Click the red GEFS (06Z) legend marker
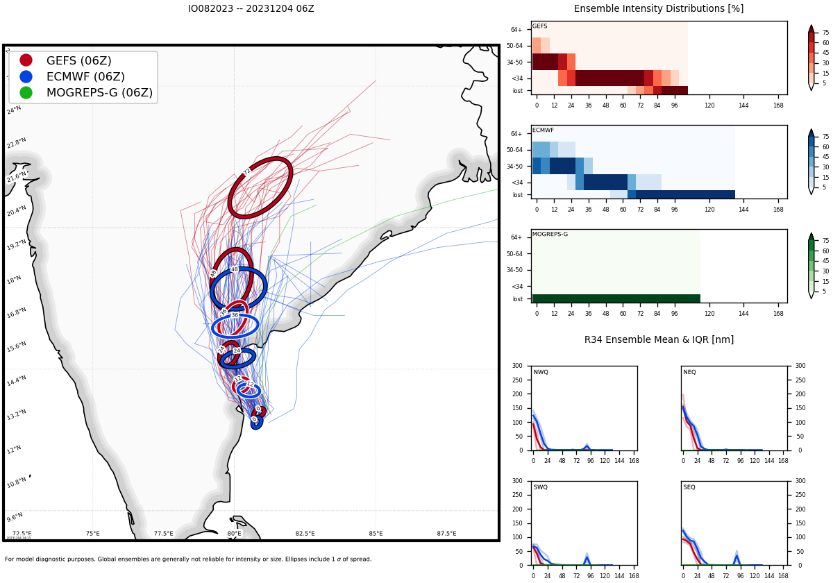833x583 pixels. point(26,60)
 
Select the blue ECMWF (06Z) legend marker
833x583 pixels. point(26,76)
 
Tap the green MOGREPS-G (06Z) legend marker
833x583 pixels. point(26,92)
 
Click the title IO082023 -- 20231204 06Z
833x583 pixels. point(251,9)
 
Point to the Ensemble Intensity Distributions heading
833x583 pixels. point(658,9)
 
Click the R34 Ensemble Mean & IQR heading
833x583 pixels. point(658,339)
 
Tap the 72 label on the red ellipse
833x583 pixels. point(247,171)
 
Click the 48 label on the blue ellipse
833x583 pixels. point(234,269)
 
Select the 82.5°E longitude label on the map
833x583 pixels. point(305,534)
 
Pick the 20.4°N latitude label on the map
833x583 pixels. point(17,210)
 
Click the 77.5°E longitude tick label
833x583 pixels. point(163,534)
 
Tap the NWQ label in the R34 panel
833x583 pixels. point(541,373)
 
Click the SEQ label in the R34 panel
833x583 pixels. point(689,487)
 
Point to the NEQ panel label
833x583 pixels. point(689,373)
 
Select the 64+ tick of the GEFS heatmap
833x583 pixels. point(516,30)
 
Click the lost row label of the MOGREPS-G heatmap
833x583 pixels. point(517,299)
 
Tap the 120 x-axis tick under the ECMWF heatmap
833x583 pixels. point(709,208)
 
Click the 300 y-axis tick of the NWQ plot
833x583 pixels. point(517,366)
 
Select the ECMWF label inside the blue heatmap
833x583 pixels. point(543,130)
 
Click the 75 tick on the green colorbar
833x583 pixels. point(825,240)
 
